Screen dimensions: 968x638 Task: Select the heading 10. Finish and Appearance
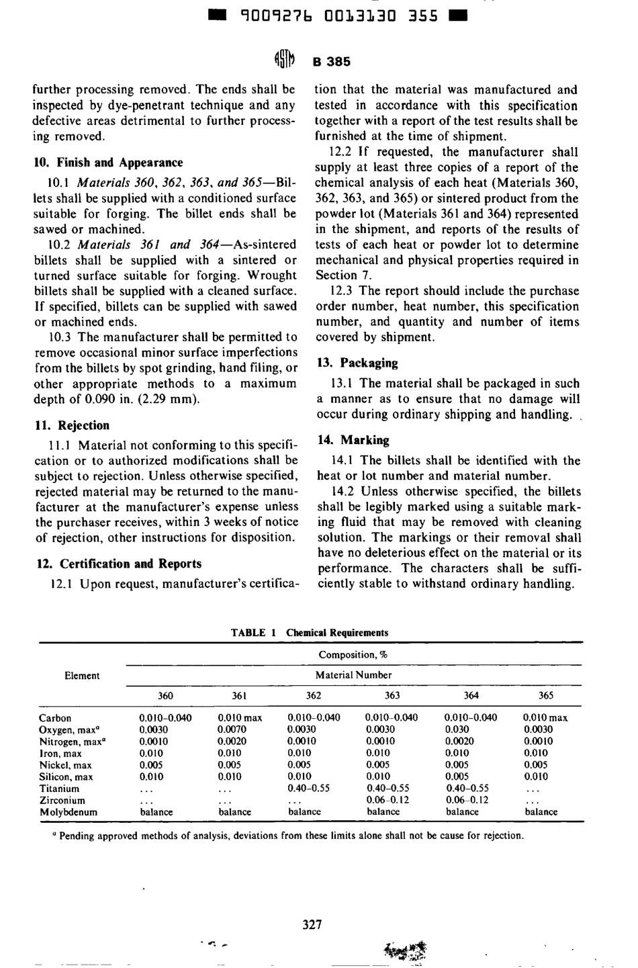[x=108, y=163]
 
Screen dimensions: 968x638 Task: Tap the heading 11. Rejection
[x=71, y=425]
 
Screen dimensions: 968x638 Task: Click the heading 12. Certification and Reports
[x=118, y=564]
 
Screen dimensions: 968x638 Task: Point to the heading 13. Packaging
[x=357, y=363]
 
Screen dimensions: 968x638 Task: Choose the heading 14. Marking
[x=353, y=440]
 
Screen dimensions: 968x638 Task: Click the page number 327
[x=312, y=925]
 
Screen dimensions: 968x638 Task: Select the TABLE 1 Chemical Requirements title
[x=310, y=633]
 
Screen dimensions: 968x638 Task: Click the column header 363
[x=392, y=695]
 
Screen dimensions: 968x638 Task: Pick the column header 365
[x=546, y=695]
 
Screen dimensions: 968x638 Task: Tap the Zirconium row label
[x=62, y=800]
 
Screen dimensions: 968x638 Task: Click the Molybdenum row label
[x=68, y=811]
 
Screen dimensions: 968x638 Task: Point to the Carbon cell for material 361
[x=240, y=717]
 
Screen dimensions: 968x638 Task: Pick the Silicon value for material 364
[x=457, y=777]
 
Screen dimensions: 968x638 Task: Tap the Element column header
[x=82, y=676]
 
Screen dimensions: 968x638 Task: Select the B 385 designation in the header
[x=332, y=62]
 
